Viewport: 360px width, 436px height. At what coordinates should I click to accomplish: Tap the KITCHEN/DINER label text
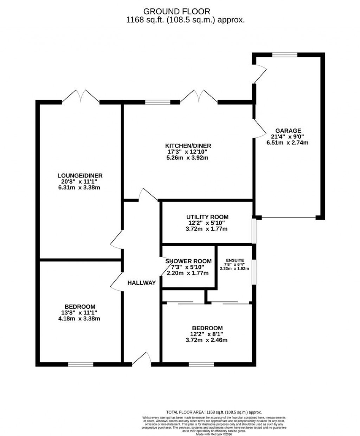pos(188,146)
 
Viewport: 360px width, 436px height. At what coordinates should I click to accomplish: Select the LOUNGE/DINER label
pos(80,176)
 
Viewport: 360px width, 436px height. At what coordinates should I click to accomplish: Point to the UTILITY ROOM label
pos(207,217)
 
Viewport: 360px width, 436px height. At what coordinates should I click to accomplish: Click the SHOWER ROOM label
pos(188,261)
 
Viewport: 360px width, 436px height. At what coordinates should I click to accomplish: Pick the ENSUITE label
pos(235,260)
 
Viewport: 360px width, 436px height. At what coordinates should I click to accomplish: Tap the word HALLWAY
pos(141,282)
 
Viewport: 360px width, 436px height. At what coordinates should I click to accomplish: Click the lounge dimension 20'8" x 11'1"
pos(80,182)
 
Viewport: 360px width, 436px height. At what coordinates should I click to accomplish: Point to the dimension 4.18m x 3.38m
pos(80,319)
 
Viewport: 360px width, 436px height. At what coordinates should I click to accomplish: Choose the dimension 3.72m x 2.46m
pos(207,340)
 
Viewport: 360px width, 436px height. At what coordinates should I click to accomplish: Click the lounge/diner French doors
pos(81,97)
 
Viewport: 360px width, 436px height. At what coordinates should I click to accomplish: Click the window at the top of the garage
pos(285,54)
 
